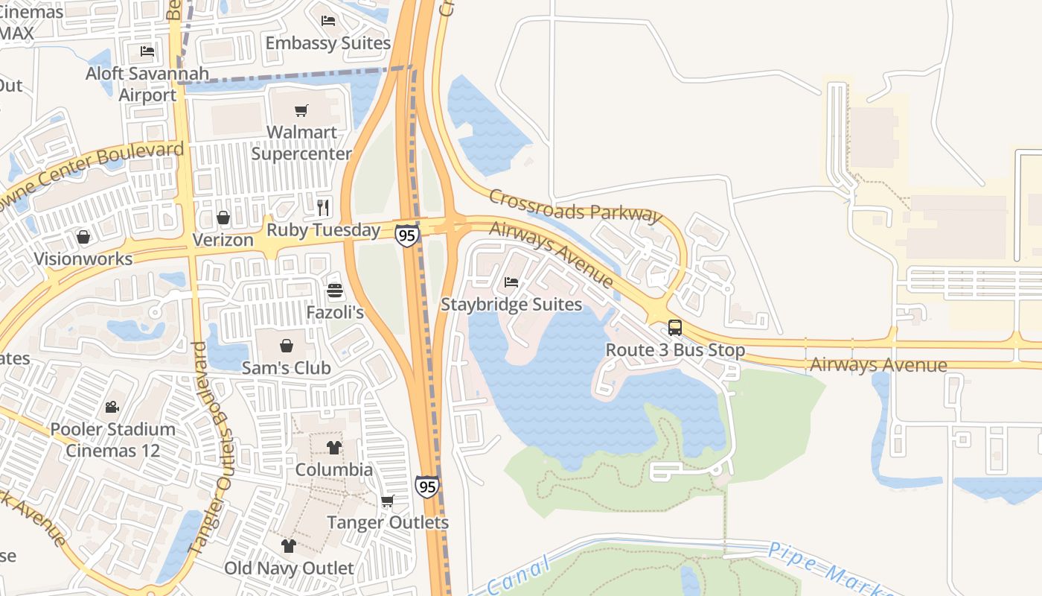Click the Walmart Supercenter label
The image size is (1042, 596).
[x=301, y=143]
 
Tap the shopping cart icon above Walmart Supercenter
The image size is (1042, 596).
[x=301, y=111]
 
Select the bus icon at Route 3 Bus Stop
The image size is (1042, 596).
[x=675, y=327]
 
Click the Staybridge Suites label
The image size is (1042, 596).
[x=511, y=304]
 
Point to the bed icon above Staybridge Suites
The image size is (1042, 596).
[x=511, y=282]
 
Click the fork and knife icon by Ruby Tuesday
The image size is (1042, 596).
[x=323, y=207]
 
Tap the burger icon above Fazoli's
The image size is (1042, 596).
[x=335, y=291]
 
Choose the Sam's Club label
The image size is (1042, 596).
[x=287, y=367]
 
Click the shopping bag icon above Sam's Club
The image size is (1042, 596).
[x=287, y=346]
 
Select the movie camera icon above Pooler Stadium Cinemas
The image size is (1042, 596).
[x=112, y=407]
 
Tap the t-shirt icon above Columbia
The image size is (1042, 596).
[x=333, y=448]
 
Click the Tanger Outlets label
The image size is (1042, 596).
[x=388, y=522]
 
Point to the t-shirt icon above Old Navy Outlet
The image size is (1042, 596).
[x=289, y=546]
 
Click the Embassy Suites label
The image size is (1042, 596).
[x=328, y=42]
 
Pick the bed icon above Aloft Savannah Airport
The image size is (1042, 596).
[x=147, y=51]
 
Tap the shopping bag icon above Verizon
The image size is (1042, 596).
[x=223, y=218]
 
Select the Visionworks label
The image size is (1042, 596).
[x=83, y=259]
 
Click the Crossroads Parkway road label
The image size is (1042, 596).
[x=575, y=205]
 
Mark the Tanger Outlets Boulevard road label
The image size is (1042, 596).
[x=211, y=447]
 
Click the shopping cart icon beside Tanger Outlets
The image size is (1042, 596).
[x=387, y=501]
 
